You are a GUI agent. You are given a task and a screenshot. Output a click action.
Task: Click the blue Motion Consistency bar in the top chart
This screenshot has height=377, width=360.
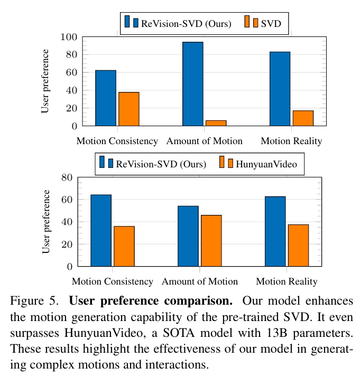[x=105, y=98]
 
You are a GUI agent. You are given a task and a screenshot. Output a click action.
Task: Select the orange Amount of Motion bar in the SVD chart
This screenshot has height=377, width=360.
[x=216, y=123]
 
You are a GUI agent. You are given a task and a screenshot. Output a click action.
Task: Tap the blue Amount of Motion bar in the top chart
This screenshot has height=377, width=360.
[x=192, y=84]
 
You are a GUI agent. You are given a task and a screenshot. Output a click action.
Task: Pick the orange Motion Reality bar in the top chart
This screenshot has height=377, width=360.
[x=303, y=118]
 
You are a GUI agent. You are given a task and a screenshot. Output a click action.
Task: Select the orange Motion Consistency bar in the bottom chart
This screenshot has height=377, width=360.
[x=124, y=246]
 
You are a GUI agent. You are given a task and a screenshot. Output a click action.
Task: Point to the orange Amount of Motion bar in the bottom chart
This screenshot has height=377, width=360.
[x=211, y=241]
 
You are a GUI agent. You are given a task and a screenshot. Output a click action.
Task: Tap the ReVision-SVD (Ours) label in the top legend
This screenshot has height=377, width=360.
[x=186, y=23]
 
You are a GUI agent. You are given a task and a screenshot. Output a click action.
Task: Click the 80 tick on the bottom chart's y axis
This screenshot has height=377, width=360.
[x=67, y=177]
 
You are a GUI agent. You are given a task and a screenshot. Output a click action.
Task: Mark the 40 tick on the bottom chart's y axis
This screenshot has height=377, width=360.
[x=67, y=222]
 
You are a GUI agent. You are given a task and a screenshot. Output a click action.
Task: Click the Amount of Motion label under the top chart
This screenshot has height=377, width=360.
[x=205, y=141]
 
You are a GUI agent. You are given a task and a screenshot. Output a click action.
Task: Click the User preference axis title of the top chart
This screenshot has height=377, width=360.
[x=45, y=81]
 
